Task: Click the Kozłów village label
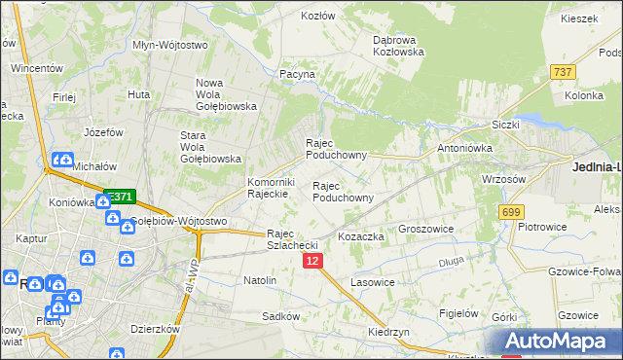tap(318, 17)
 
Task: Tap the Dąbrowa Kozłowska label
tap(397, 46)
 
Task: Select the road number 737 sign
tap(562, 72)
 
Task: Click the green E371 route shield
tap(119, 196)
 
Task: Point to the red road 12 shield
tap(311, 261)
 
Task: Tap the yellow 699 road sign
tap(511, 211)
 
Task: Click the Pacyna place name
tap(297, 74)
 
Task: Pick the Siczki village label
tap(506, 125)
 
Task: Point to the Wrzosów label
tap(504, 179)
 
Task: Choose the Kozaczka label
tap(361, 236)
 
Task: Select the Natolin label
tap(260, 280)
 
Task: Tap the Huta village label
tap(138, 94)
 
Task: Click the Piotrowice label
tap(543, 227)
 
